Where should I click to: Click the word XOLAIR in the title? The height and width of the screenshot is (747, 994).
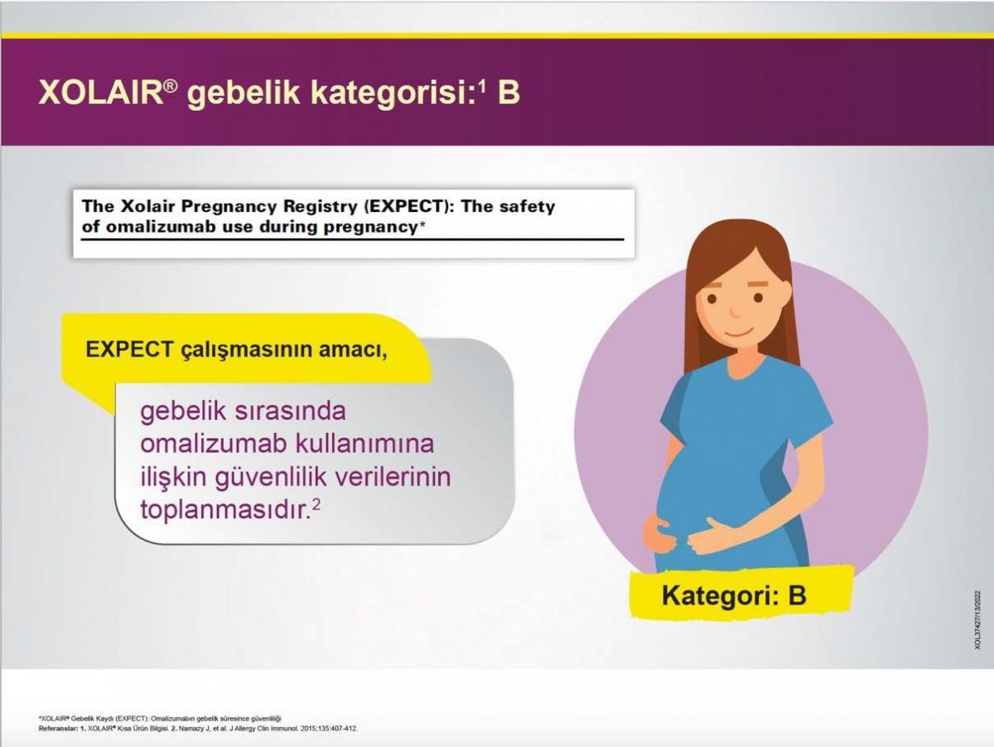101,93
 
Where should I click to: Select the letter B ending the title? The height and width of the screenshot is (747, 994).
509,93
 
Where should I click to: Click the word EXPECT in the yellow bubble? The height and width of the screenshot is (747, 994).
129,349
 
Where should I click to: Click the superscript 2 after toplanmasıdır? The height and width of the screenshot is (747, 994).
316,504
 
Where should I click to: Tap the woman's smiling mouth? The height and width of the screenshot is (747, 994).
738,332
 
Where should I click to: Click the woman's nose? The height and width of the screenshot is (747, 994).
735,311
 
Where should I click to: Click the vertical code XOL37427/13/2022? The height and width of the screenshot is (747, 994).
977,619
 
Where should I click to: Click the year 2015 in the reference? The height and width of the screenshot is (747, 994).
308,729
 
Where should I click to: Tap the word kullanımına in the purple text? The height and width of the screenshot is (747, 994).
364,443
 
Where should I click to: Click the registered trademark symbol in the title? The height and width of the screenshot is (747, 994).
171,86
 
